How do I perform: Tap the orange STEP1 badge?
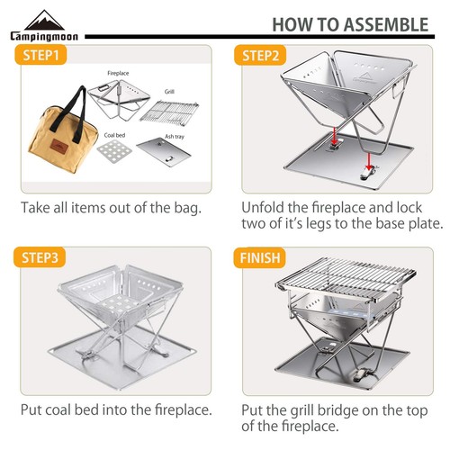(40, 56)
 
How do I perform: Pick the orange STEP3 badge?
(41, 256)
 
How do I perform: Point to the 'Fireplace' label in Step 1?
(121, 71)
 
